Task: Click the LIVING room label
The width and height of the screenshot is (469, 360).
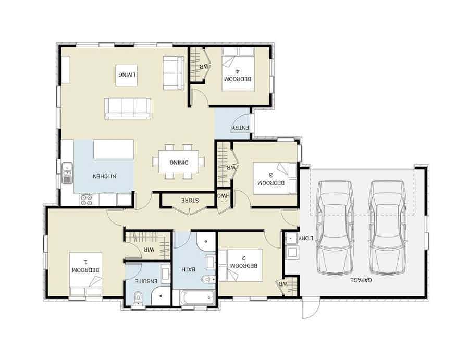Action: click(x=127, y=75)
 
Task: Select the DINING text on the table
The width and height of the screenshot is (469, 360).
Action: click(x=179, y=162)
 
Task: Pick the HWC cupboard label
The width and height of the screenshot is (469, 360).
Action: click(x=223, y=196)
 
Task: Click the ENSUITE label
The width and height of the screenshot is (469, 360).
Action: click(x=147, y=281)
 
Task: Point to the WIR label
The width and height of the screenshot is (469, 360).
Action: click(x=150, y=250)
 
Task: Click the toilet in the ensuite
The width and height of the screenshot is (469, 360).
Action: click(x=138, y=299)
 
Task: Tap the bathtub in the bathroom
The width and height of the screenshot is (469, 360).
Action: click(x=197, y=298)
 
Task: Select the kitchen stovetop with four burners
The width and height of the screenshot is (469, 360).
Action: click(x=87, y=199)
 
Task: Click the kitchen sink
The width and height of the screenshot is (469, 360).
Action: click(x=67, y=173)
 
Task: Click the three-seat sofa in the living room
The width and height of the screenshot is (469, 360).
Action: click(x=128, y=108)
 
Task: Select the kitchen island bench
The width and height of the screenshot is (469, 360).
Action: click(x=114, y=149)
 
